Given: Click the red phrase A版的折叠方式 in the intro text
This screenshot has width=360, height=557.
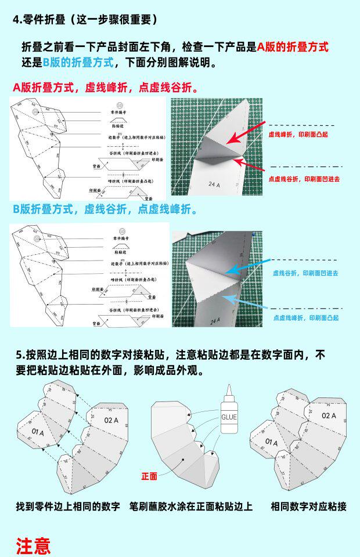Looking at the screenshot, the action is [x=293, y=47].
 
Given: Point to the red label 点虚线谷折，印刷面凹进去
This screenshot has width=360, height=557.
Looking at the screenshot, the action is [x=304, y=179].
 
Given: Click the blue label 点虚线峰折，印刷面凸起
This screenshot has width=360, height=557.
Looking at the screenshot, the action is [x=305, y=317].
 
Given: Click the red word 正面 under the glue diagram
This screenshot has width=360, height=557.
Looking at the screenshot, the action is [x=149, y=476].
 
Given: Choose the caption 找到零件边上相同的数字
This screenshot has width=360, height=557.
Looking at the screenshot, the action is [x=67, y=507].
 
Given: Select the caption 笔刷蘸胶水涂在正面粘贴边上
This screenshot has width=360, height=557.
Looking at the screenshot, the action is [x=191, y=507].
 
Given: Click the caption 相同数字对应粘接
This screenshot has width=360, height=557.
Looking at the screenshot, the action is [x=308, y=507].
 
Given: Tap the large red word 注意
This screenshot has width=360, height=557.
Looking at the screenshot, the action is [x=33, y=545].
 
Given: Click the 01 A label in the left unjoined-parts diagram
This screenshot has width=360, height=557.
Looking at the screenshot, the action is [x=38, y=432].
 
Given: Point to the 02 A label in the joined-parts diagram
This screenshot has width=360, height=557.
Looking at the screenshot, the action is [x=329, y=416].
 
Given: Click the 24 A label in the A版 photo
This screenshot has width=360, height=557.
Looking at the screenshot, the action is [x=214, y=185].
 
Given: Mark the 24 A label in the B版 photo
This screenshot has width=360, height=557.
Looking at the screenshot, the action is [x=216, y=321].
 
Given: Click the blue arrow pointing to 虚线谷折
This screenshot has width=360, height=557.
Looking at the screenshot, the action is [x=244, y=269].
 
